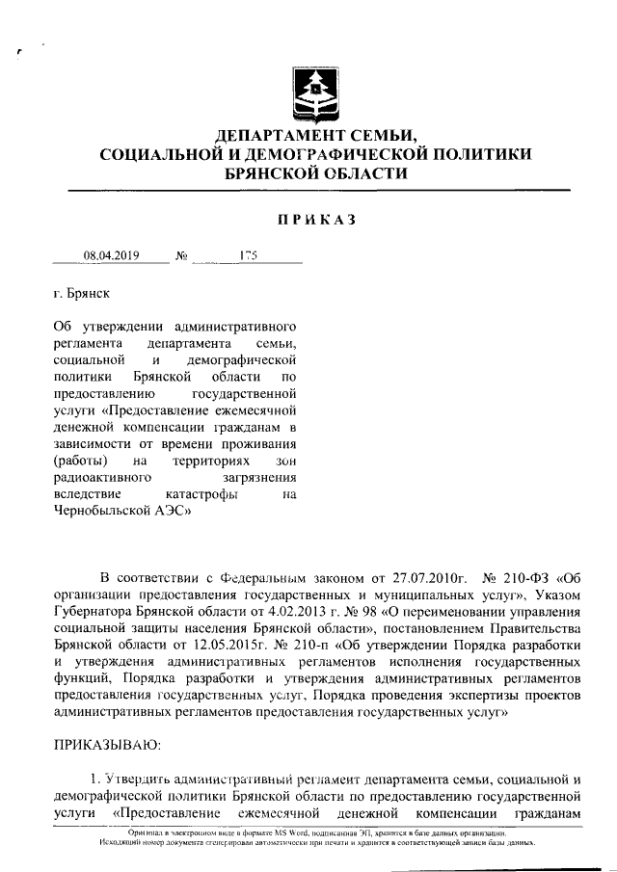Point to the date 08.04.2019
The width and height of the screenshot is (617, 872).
112,256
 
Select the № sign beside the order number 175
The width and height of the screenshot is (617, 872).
181,256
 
